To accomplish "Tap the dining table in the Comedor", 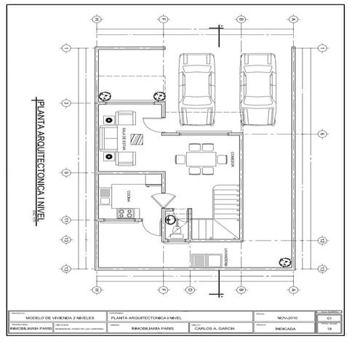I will click(x=196, y=159).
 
